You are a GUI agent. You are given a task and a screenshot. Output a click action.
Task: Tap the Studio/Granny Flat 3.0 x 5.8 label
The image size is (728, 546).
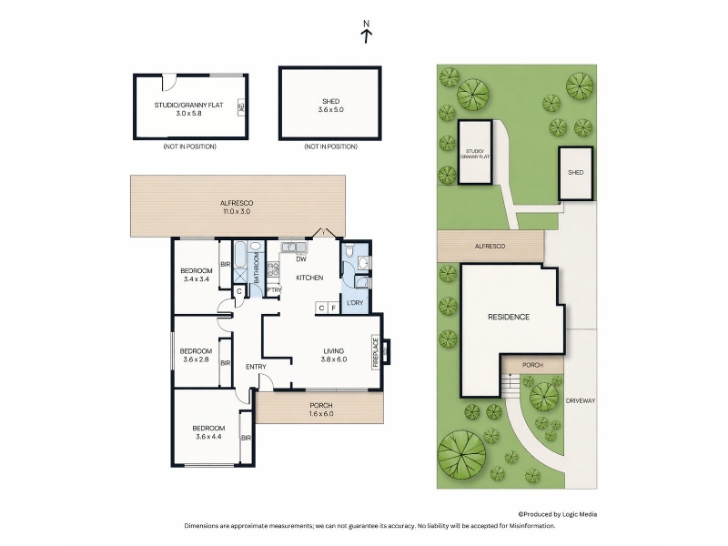(x=189, y=109)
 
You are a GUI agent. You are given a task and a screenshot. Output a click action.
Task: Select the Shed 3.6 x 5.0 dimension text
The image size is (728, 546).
(x=330, y=109)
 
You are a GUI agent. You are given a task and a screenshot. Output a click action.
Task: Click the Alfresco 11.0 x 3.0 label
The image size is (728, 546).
(x=237, y=207)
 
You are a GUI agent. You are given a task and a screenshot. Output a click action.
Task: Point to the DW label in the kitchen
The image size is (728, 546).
(x=301, y=259)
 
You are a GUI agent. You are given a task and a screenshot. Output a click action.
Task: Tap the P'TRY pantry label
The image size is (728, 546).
(x=274, y=290)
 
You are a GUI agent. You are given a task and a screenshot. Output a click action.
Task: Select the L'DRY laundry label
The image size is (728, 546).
(x=355, y=303)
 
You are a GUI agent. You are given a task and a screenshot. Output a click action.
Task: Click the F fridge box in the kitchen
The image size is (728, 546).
(x=334, y=308)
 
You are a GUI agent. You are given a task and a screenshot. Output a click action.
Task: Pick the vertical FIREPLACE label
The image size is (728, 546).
(x=376, y=353)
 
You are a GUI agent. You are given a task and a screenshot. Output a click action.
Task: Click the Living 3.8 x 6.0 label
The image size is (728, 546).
(x=334, y=355)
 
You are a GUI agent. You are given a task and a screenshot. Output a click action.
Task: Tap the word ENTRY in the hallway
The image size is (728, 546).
(x=256, y=367)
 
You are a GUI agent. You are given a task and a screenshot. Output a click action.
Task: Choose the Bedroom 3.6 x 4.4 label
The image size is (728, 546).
(x=209, y=432)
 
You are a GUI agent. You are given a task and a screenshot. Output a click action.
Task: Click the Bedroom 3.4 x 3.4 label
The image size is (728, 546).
(x=197, y=275)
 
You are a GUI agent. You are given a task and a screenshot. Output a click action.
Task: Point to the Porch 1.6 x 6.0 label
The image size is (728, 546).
(x=321, y=409)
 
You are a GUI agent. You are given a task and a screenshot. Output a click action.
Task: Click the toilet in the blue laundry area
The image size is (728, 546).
(x=350, y=251)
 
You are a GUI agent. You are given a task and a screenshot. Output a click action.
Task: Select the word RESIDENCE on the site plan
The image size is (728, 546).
(x=509, y=317)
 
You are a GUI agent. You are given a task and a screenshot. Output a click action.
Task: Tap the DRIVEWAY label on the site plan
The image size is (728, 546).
(x=581, y=400)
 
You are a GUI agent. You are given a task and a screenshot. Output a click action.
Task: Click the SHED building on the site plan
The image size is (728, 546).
(x=576, y=173)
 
